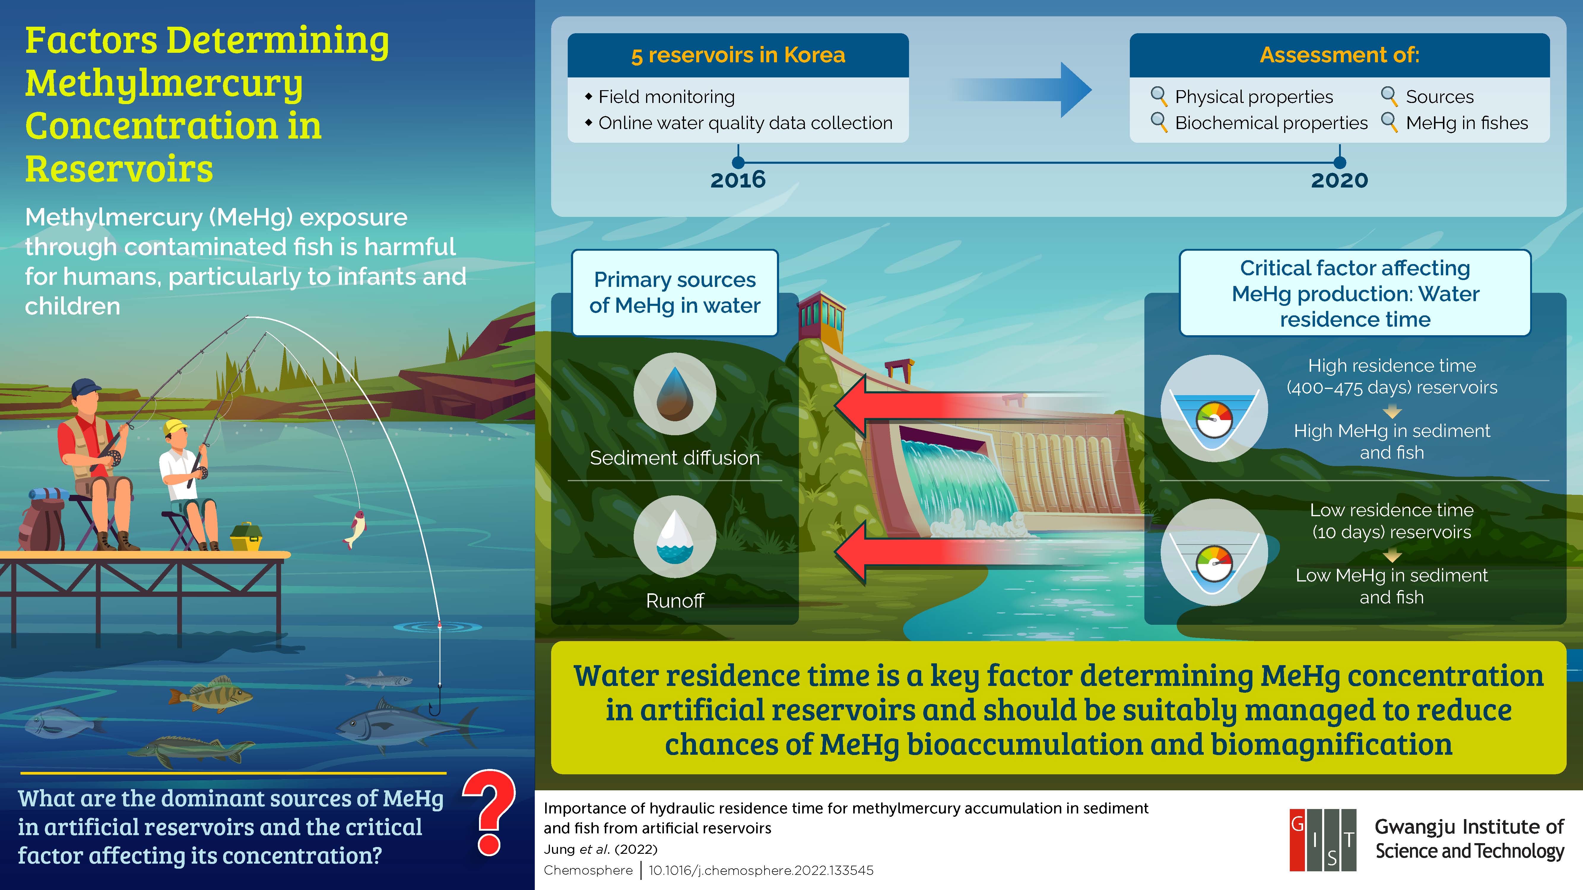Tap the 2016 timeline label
point(738,180)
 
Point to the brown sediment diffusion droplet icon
point(675,394)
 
